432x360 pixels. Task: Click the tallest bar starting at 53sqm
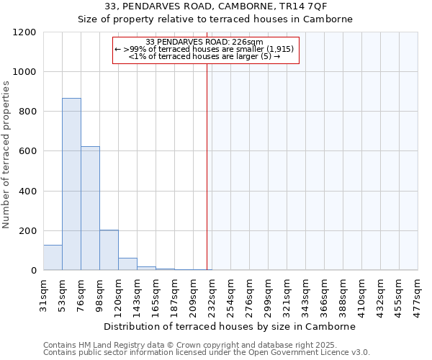click(71, 184)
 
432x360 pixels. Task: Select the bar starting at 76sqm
click(90, 209)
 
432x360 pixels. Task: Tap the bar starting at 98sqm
click(109, 250)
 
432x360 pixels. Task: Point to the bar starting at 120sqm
click(127, 264)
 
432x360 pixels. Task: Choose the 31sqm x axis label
click(44, 293)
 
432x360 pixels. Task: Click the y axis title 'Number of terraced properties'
click(6, 155)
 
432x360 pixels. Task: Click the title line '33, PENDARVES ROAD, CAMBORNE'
click(215, 6)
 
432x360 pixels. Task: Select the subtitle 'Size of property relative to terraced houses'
click(215, 19)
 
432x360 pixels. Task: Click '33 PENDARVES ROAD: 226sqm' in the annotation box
click(204, 42)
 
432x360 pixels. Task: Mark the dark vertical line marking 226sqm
click(207, 166)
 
